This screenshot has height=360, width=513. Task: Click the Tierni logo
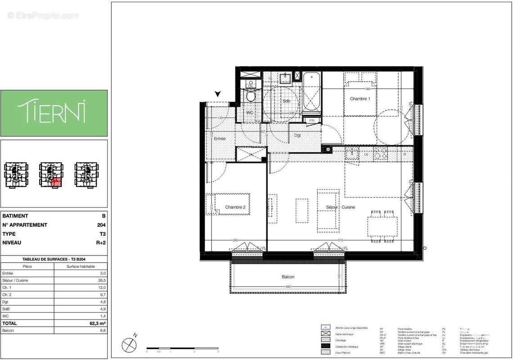(x=54, y=112)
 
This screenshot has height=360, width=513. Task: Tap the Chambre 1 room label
(x=360, y=99)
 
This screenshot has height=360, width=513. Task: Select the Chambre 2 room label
(x=235, y=207)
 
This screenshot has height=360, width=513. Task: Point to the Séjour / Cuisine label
(x=341, y=207)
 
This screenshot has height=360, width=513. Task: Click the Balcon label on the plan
(x=288, y=277)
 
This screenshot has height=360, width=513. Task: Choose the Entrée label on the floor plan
(x=220, y=139)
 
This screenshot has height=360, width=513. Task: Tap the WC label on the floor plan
(x=249, y=112)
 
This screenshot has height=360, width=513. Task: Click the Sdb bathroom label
(x=287, y=101)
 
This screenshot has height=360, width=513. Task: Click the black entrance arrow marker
(x=218, y=94)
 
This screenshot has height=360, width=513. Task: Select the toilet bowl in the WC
(x=251, y=96)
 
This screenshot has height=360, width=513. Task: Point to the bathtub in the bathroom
(x=311, y=92)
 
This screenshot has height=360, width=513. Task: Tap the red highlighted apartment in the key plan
(x=56, y=182)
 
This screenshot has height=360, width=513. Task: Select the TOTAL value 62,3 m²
(x=98, y=323)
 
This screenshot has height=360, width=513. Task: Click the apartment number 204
(x=102, y=225)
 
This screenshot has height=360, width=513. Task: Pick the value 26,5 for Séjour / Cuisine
(x=102, y=280)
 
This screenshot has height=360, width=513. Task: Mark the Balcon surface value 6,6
(x=103, y=330)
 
